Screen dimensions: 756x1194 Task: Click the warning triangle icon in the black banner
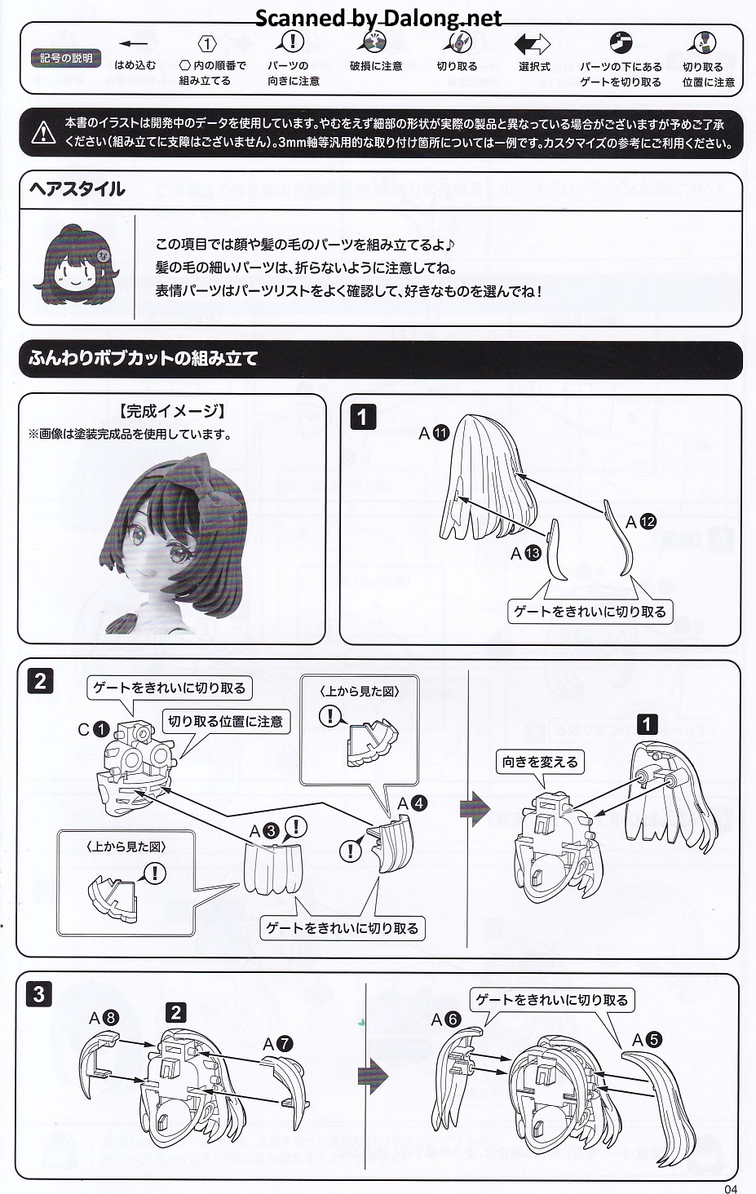pyautogui.click(x=43, y=133)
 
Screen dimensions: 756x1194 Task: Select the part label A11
pyautogui.click(x=434, y=433)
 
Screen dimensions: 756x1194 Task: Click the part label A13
pyautogui.click(x=526, y=553)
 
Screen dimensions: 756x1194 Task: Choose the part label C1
pyautogui.click(x=93, y=728)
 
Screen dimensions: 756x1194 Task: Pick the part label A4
pyautogui.click(x=412, y=803)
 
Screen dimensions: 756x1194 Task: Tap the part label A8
pyautogui.click(x=104, y=1018)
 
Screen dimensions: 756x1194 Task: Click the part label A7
pyautogui.click(x=278, y=1043)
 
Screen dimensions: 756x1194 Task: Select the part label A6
pyautogui.click(x=446, y=1019)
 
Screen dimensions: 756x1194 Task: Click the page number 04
pyautogui.click(x=731, y=1188)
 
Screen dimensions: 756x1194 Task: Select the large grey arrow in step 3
pyautogui.click(x=374, y=1075)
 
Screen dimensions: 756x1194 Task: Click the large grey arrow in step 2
pyautogui.click(x=475, y=808)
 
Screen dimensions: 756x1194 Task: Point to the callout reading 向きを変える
pyautogui.click(x=540, y=762)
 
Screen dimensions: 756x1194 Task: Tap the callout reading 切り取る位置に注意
pyautogui.click(x=226, y=721)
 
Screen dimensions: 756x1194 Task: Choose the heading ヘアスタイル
pyautogui.click(x=77, y=189)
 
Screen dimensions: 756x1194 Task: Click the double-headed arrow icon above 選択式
pyautogui.click(x=532, y=44)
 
